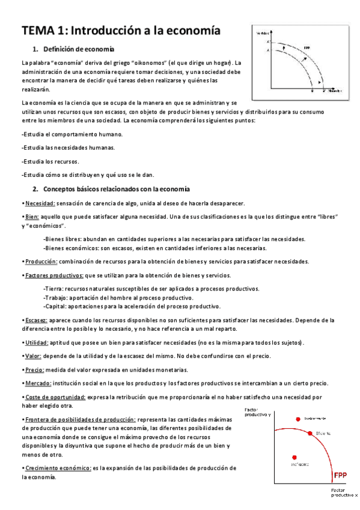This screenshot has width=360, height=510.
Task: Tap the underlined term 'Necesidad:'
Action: click(x=40, y=203)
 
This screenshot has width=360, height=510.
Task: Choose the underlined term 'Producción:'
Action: click(x=41, y=261)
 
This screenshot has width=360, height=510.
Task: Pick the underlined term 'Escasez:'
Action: click(x=36, y=320)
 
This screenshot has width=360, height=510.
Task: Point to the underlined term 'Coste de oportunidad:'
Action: click(x=55, y=397)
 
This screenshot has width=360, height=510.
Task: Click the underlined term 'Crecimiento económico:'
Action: click(x=58, y=467)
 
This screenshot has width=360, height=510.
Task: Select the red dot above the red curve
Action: click(x=297, y=418)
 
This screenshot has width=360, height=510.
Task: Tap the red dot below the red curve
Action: click(x=294, y=457)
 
